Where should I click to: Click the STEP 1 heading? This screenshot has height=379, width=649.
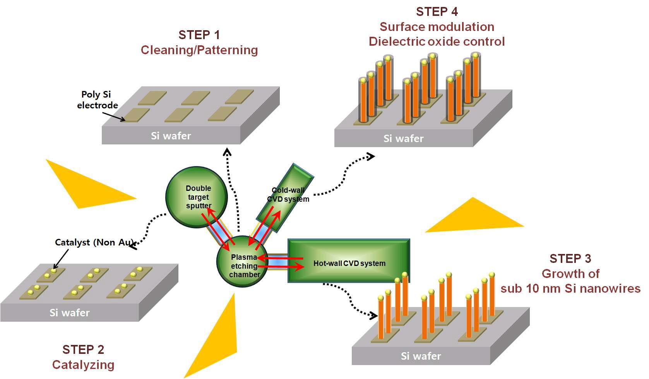click(x=199, y=35)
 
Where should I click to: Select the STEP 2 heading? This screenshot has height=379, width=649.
click(x=83, y=350)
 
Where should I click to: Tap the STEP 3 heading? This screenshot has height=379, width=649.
click(x=570, y=259)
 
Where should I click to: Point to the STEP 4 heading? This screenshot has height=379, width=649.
click(x=437, y=12)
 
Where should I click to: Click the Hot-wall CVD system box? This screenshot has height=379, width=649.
click(x=349, y=261)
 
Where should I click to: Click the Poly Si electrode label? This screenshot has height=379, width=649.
click(x=97, y=99)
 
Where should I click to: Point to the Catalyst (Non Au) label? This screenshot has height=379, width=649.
click(x=94, y=242)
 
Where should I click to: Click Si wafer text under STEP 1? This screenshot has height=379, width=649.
click(x=171, y=136)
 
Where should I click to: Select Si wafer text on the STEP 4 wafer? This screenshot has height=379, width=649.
click(x=403, y=139)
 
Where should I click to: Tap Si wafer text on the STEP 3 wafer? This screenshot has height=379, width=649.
click(x=421, y=356)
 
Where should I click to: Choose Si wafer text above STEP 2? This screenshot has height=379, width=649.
click(x=69, y=313)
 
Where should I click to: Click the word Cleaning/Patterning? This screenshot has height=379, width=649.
click(x=199, y=50)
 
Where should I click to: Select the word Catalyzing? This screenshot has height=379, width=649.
click(x=83, y=365)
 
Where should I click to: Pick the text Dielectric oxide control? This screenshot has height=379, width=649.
click(x=437, y=41)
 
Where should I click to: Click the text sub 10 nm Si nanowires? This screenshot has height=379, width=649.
click(x=570, y=288)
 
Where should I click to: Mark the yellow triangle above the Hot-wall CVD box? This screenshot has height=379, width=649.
click(x=476, y=219)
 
